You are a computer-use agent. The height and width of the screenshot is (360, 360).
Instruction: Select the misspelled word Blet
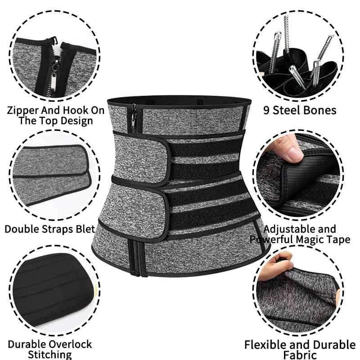84,229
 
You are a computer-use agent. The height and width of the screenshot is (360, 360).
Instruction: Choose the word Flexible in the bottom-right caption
265,345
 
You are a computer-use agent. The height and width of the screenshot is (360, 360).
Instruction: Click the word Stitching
49,355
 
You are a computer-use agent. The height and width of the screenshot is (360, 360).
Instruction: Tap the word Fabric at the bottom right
300,355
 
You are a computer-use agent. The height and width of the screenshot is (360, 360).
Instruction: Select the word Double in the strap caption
20,229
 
